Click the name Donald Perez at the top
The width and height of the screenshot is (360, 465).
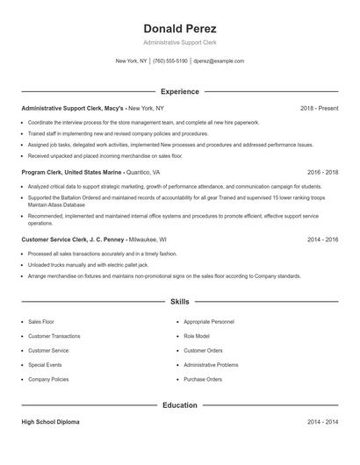click(x=180, y=29)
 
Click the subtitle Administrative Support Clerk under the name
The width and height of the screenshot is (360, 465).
click(x=180, y=42)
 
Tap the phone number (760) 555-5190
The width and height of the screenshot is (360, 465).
click(x=170, y=61)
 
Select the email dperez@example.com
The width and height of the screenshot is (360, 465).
click(x=219, y=61)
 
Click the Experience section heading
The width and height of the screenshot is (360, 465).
click(x=180, y=91)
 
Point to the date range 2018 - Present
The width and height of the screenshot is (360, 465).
click(x=319, y=108)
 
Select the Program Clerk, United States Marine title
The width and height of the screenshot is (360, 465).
click(x=72, y=173)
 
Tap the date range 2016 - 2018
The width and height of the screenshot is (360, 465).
click(x=322, y=173)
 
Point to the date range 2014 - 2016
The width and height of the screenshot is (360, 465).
click(x=322, y=239)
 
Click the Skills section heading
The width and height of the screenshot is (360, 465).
click(x=180, y=301)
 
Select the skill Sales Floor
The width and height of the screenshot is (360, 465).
click(x=40, y=322)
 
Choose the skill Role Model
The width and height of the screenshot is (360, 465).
click(x=197, y=336)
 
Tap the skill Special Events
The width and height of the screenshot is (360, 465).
click(x=45, y=365)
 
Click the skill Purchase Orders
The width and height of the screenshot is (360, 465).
click(x=202, y=379)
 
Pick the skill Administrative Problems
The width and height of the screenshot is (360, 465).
click(x=211, y=365)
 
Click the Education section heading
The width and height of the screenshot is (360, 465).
click(x=180, y=405)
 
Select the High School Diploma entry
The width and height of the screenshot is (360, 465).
click(x=50, y=422)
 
